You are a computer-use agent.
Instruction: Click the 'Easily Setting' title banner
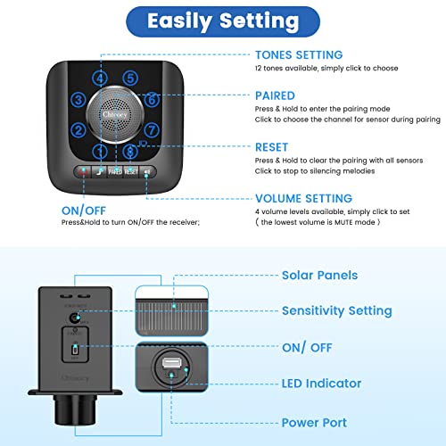click(222, 21)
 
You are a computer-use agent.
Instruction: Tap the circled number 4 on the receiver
click(101, 78)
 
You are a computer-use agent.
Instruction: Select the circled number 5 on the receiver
click(130, 78)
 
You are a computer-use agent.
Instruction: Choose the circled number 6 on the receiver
click(152, 101)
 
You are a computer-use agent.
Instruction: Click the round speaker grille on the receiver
click(116, 116)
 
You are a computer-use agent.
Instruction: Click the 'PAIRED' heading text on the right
click(275, 95)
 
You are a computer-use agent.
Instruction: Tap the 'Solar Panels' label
click(319, 276)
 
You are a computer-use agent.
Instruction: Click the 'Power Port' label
click(314, 422)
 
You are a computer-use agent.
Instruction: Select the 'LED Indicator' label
click(321, 384)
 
